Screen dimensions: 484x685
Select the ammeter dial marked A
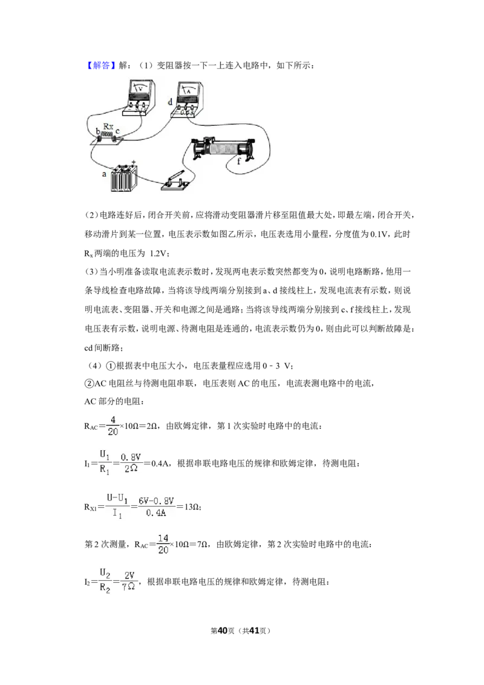click(188, 91)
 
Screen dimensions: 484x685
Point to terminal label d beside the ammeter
click(171, 102)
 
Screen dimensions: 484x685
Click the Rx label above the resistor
click(108, 126)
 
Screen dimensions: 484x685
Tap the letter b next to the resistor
click(98, 131)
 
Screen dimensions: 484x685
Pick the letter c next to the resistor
click(117, 131)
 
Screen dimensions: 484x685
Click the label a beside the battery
click(104, 174)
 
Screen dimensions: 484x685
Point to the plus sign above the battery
click(134, 161)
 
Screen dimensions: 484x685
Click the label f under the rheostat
click(239, 161)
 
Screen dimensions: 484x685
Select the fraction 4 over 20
click(113, 425)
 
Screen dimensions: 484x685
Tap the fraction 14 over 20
click(163, 544)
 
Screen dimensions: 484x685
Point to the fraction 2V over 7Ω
click(129, 581)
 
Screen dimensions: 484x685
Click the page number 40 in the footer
click(223, 631)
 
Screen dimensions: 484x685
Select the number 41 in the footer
click(253, 631)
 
